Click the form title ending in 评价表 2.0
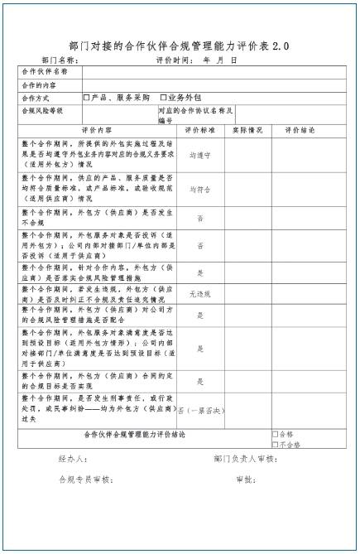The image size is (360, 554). point(180,46)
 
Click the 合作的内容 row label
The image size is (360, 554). point(41,84)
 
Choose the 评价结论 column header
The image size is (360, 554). point(300,130)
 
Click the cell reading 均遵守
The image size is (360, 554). point(199,154)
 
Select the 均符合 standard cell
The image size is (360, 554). point(199,189)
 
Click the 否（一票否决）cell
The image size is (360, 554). point(199,410)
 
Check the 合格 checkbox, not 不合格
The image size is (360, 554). point(275,434)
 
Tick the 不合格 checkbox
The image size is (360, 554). point(275,444)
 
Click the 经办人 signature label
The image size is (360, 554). point(74,459)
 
